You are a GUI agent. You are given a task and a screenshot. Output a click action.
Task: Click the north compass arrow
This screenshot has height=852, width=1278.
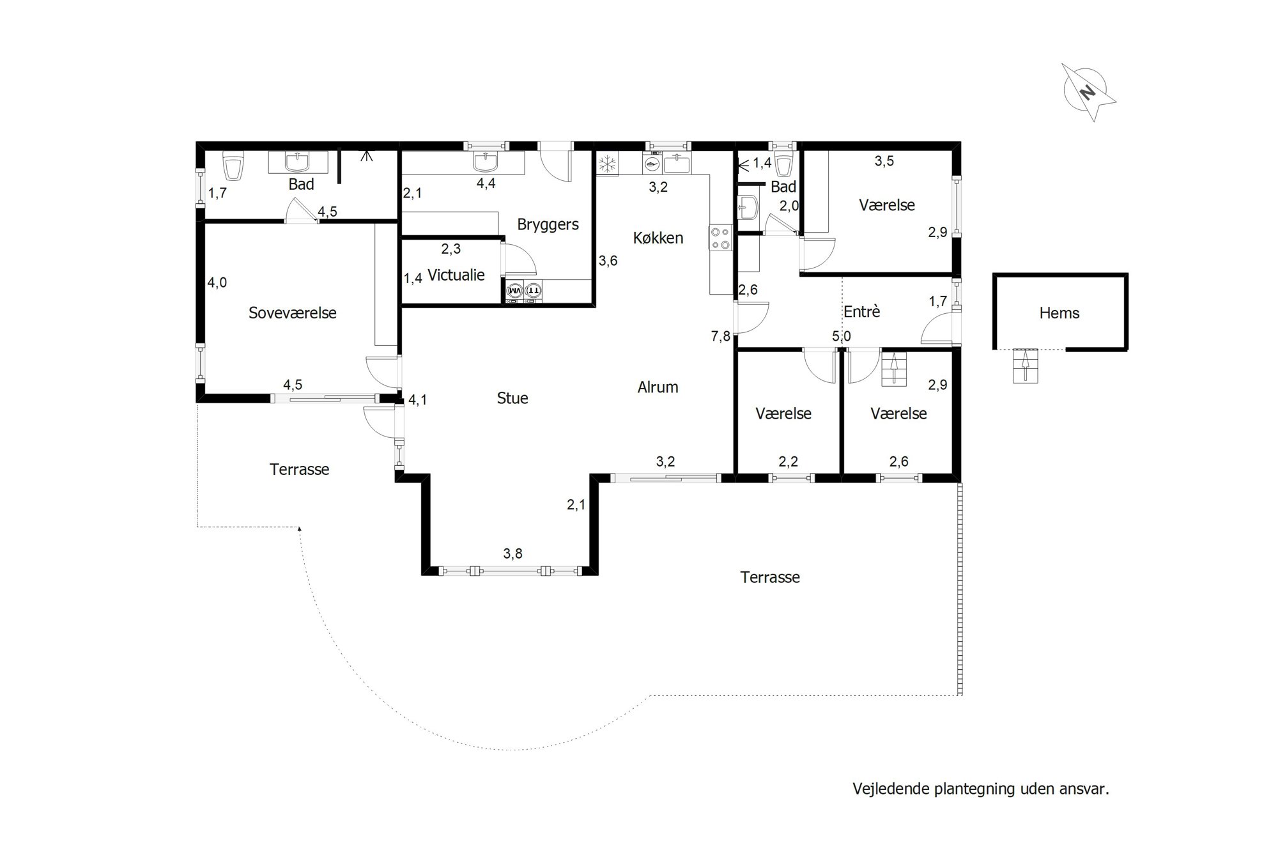coord(1089,93)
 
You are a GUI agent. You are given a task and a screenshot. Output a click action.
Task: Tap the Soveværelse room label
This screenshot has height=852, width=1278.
coord(292,313)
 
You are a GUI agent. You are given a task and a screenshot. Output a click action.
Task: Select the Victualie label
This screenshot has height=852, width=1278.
coord(456,275)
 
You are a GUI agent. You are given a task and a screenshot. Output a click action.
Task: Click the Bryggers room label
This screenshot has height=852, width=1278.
coord(548,225)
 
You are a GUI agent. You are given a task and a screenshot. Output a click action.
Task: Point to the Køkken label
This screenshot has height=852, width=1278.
coord(658,238)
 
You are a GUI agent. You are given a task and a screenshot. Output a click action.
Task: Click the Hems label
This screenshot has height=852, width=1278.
coord(1059,313)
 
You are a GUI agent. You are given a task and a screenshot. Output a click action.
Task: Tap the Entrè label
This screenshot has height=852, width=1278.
coord(861,312)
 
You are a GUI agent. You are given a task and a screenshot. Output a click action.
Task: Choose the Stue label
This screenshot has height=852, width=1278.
coord(512,398)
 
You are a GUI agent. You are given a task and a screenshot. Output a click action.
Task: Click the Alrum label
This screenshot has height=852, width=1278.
coord(658,387)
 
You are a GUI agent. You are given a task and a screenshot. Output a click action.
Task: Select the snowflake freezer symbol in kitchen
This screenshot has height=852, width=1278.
coord(607,164)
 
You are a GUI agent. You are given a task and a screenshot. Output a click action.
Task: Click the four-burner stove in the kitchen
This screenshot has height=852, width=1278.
coord(720,238)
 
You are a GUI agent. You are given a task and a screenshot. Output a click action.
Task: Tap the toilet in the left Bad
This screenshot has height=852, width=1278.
coord(233,166)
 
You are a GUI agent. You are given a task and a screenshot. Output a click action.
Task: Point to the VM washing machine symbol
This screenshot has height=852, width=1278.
coord(514,291)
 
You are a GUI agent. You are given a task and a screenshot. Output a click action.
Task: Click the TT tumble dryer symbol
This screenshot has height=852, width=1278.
coord(533,291)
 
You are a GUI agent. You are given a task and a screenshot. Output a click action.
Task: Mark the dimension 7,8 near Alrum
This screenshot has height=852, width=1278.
coord(721,336)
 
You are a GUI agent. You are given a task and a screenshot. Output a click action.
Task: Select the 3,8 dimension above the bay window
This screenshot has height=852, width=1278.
coord(512,554)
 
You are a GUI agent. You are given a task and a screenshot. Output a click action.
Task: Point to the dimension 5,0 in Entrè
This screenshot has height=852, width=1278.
coord(842,336)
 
